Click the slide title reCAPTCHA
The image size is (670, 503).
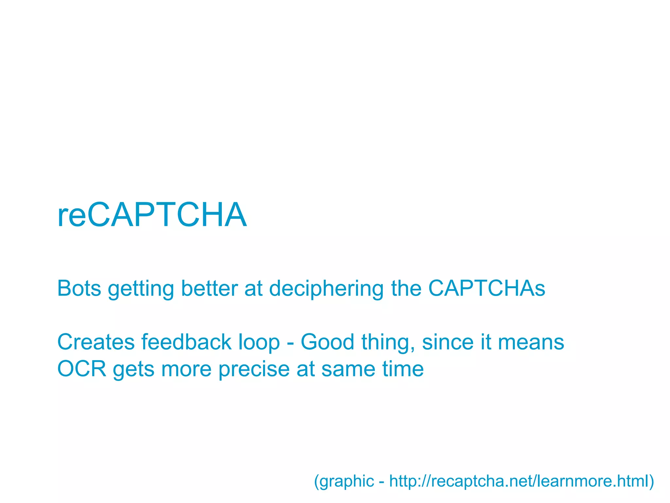click(x=152, y=215)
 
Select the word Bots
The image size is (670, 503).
click(x=79, y=288)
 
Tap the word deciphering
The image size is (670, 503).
click(x=326, y=288)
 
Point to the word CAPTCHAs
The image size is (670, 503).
click(x=486, y=288)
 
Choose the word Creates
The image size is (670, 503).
click(x=96, y=342)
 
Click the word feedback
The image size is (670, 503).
click(x=186, y=342)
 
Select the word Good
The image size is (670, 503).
click(x=327, y=342)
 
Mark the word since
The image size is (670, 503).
click(x=448, y=342)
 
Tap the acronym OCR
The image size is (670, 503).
click(x=82, y=369)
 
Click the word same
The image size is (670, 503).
click(x=348, y=369)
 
